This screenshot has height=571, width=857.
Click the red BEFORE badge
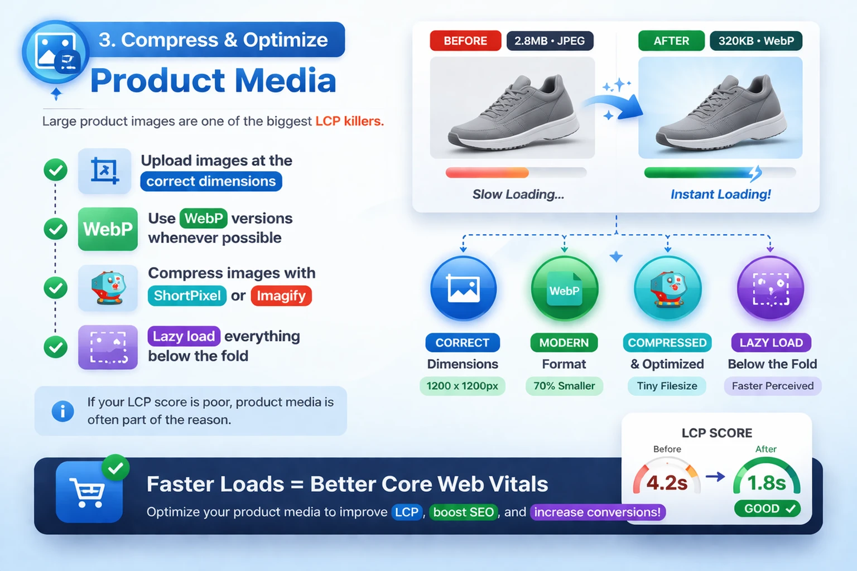[465, 41]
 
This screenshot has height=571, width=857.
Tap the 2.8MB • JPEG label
[550, 41]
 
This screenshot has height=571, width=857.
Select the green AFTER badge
[671, 41]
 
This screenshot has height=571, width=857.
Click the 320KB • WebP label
[756, 41]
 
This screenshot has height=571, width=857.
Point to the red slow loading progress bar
[487, 173]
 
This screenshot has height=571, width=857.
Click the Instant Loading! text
[720, 194]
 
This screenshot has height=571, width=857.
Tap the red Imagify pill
[281, 296]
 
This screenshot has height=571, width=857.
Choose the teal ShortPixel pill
[187, 296]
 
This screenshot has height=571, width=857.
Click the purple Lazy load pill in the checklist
[184, 336]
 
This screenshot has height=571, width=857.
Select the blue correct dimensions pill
[211, 181]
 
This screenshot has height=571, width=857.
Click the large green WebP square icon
[108, 229]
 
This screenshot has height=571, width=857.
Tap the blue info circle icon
[62, 411]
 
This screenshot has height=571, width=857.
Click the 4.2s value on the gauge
[667, 483]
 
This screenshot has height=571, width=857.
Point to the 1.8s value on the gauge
[766, 483]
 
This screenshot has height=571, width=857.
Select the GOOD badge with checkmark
[768, 509]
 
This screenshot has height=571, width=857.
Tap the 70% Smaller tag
[564, 386]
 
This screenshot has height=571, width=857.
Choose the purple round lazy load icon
[771, 288]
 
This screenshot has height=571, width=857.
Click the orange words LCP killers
[349, 121]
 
